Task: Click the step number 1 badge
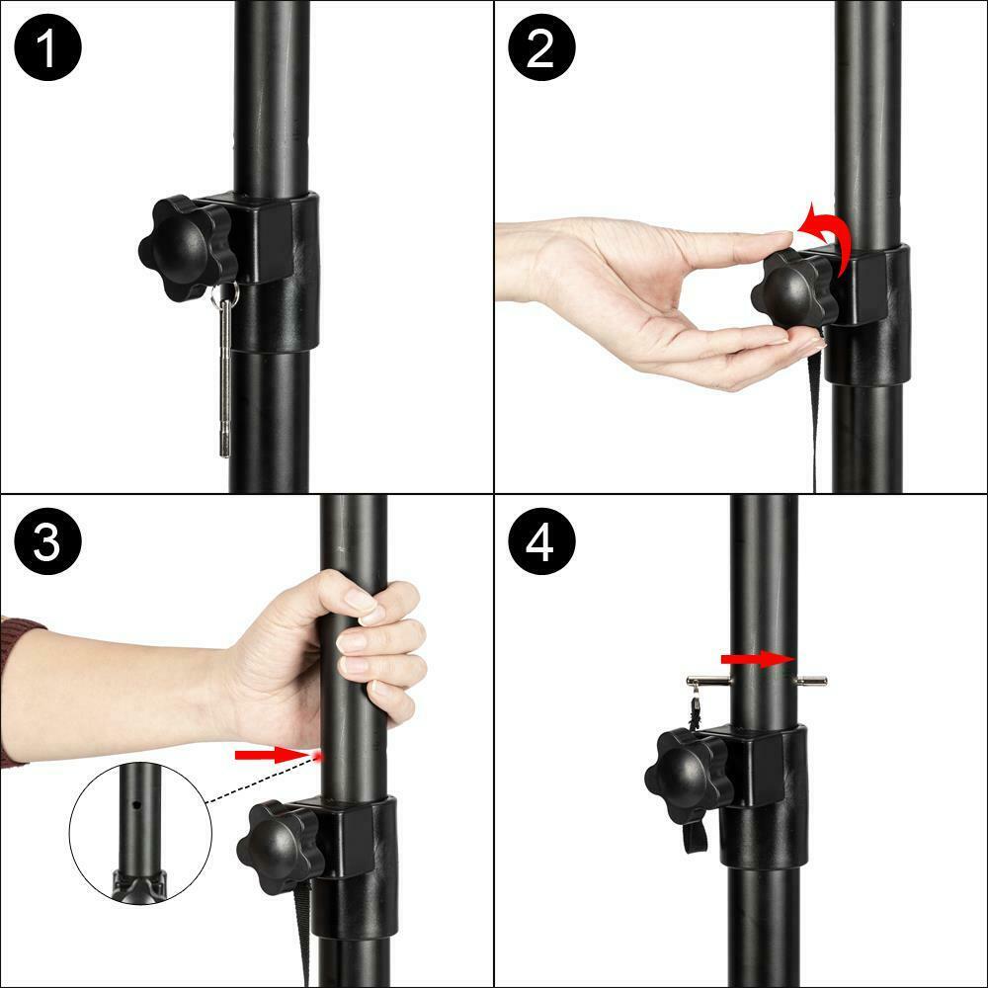pyautogui.click(x=47, y=47)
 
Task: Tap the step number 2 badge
pyautogui.click(x=541, y=47)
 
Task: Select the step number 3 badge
pyautogui.click(x=47, y=541)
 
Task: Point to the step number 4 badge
pyautogui.click(x=541, y=541)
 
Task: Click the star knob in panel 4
pyautogui.click(x=688, y=775)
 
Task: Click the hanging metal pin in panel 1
pyautogui.click(x=225, y=378)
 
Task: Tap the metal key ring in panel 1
pyautogui.click(x=225, y=294)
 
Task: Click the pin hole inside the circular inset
pyautogui.click(x=135, y=804)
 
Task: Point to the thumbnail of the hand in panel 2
pyautogui.click(x=781, y=234)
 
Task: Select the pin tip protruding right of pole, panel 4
pyautogui.click(x=811, y=681)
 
